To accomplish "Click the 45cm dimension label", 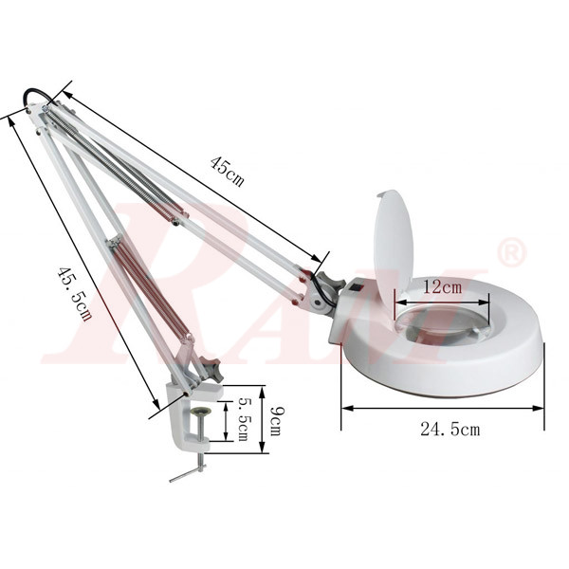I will tap(227, 171).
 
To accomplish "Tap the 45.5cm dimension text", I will tap(74, 293).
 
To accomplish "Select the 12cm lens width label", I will tap(442, 285).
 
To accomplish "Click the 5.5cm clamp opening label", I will tap(243, 419).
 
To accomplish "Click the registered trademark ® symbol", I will tap(511, 252).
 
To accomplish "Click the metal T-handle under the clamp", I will tap(189, 471).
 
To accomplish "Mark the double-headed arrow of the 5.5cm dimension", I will tap(226, 420).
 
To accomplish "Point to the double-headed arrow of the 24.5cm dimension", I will tap(443, 409).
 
